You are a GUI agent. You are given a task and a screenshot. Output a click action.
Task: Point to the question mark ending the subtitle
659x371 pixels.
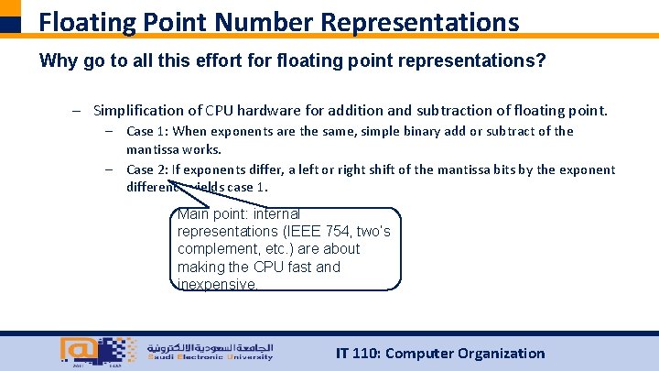(x=544, y=61)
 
